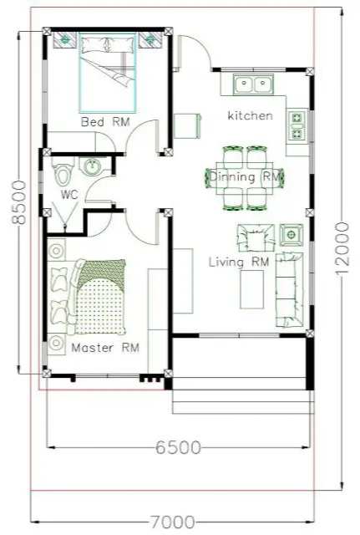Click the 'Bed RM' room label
tap(105, 122)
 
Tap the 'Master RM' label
tap(105, 348)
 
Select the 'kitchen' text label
tap(251, 115)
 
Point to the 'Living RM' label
tap(239, 262)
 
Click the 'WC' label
tap(69, 195)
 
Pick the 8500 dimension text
tap(18, 202)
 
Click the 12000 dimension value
tap(342, 248)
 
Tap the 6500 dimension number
tap(178, 447)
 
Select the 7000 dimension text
tap(173, 522)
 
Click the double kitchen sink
tap(253, 84)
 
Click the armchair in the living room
tap(256, 237)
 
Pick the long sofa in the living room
tap(290, 290)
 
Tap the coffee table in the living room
tap(252, 289)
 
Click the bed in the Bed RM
tap(108, 73)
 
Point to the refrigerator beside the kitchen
tap(187, 126)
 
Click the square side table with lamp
tap(292, 235)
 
